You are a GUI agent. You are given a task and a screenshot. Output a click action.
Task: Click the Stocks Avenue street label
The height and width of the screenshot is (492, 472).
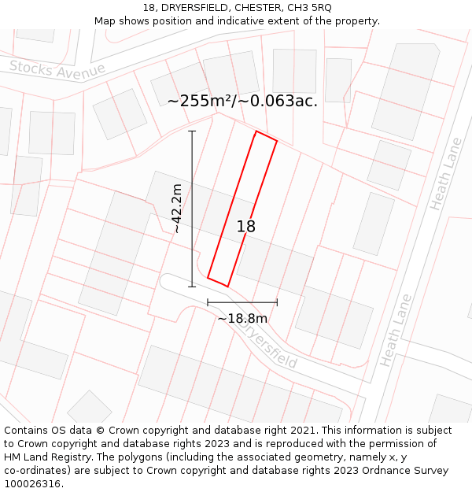click(57, 69)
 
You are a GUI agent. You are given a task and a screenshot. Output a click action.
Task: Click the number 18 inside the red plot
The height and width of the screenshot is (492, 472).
click(245, 227)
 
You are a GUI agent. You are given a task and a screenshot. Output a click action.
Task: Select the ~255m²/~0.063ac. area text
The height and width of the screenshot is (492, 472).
click(242, 101)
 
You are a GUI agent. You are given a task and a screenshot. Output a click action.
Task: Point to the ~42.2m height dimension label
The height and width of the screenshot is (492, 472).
click(178, 209)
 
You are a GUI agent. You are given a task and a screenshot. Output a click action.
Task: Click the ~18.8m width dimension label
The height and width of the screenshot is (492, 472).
click(242, 319)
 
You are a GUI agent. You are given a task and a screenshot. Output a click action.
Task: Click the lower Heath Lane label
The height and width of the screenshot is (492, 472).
click(396, 331)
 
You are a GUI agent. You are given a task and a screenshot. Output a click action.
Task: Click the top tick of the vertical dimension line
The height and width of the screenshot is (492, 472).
click(192, 131)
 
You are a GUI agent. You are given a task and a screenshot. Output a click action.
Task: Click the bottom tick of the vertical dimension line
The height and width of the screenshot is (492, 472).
click(192, 287)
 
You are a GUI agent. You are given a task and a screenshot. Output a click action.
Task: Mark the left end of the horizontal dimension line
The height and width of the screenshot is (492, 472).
click(208, 301)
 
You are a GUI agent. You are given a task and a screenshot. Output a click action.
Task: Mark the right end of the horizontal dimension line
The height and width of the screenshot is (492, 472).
click(277, 301)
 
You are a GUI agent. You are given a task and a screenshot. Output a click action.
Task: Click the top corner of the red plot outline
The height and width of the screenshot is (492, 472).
click(256, 131)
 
